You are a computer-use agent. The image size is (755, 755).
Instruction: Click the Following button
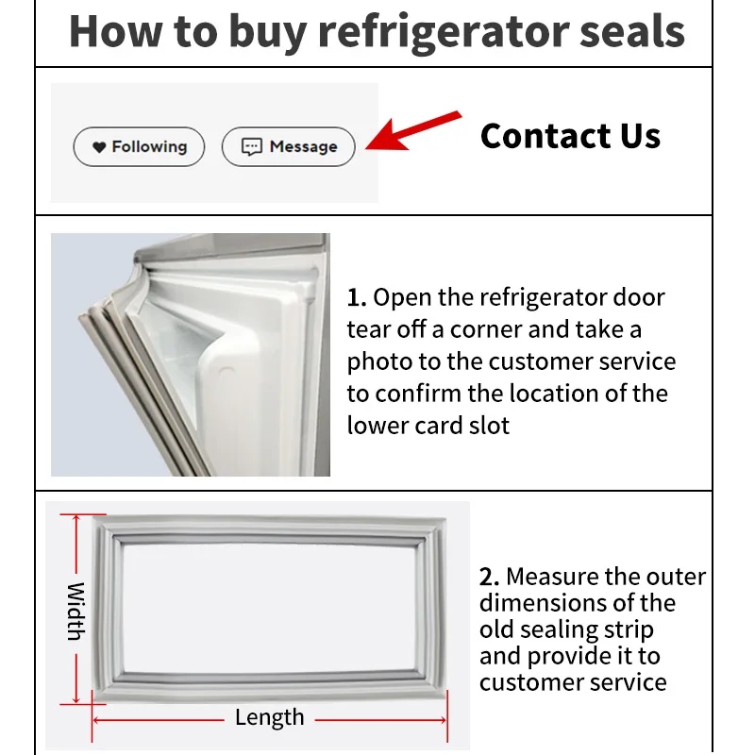[x=139, y=147]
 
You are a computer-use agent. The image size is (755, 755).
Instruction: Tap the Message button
[x=288, y=147]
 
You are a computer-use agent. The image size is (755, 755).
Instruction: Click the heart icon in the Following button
[x=99, y=147]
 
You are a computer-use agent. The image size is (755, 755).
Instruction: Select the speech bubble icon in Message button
[x=251, y=147]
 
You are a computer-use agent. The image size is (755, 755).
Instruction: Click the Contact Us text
[x=570, y=136]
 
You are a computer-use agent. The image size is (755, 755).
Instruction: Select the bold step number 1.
[x=356, y=298]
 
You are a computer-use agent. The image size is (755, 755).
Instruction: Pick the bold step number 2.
[x=488, y=577]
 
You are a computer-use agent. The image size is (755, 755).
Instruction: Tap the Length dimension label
[x=269, y=717]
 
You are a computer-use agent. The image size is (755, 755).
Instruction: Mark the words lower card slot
[x=428, y=426]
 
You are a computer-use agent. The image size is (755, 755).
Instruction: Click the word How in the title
[x=111, y=31]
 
